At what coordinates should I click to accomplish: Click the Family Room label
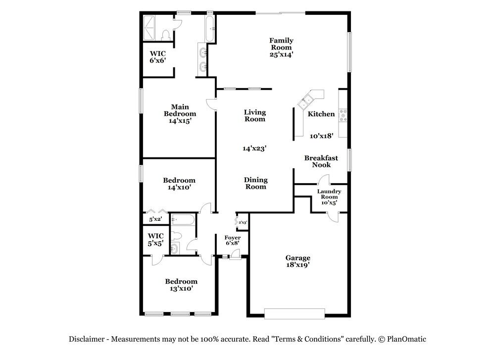281,48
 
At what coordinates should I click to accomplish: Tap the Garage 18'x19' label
298,261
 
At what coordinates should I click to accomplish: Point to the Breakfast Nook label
321,161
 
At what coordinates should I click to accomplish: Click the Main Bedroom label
180,113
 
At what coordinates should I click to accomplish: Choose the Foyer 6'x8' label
233,241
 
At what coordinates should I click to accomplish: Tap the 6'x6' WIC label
158,56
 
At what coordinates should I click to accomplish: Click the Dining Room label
256,183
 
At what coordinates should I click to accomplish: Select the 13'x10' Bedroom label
181,285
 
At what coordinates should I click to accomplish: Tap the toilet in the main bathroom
166,34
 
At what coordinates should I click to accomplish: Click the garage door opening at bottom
295,313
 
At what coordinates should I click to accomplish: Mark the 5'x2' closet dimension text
155,219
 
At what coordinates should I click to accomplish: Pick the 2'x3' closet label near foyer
243,223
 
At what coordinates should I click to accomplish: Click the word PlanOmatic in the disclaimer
406,339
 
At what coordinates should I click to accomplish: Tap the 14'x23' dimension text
255,148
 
